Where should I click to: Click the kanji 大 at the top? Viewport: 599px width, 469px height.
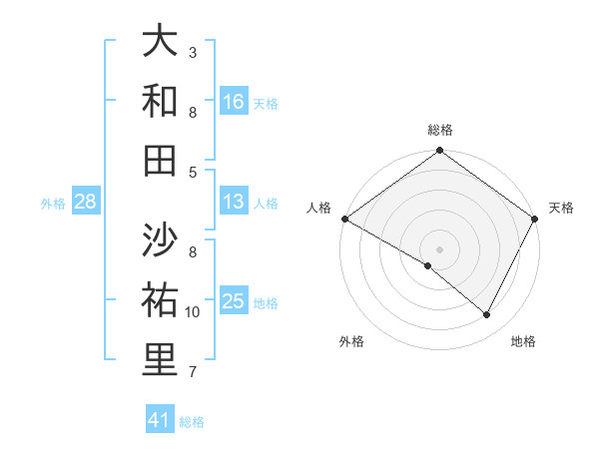pyautogui.click(x=160, y=42)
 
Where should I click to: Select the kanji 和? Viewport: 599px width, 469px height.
pyautogui.click(x=160, y=101)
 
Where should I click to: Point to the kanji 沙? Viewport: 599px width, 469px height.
pyautogui.click(x=160, y=240)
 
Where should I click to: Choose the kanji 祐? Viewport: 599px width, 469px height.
pyautogui.click(x=160, y=300)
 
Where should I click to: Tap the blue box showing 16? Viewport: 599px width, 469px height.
pyautogui.click(x=234, y=102)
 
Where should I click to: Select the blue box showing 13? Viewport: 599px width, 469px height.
pyautogui.click(x=234, y=202)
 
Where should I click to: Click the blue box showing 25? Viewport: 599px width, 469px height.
pyautogui.click(x=234, y=301)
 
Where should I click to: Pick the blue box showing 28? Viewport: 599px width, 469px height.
pyautogui.click(x=86, y=202)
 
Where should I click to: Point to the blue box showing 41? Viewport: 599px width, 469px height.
pyautogui.click(x=160, y=420)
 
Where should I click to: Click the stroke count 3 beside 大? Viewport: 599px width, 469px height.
pyautogui.click(x=193, y=51)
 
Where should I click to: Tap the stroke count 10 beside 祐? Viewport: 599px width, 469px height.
pyautogui.click(x=193, y=312)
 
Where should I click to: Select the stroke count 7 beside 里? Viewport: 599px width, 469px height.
pyautogui.click(x=193, y=372)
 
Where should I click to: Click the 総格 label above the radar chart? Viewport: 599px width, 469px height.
pyautogui.click(x=440, y=130)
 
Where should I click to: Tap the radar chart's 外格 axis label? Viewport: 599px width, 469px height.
pyautogui.click(x=351, y=341)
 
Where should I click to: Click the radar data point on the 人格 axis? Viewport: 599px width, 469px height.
pyautogui.click(x=344, y=219)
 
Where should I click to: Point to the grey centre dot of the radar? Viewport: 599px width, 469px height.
pyautogui.click(x=440, y=248)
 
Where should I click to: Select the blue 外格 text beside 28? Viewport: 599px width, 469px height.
pyautogui.click(x=53, y=204)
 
